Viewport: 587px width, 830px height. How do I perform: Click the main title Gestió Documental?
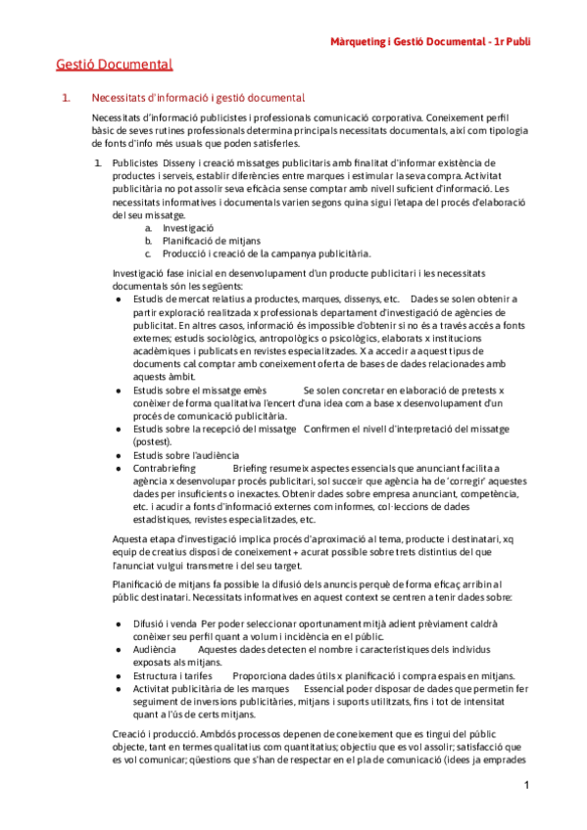point(115,66)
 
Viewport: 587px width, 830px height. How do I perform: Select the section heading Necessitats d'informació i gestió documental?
point(198,98)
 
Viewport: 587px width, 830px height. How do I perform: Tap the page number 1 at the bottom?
point(526,786)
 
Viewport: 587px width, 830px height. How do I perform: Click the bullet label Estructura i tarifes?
point(172,648)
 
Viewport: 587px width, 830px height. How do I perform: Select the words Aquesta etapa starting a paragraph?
point(139,540)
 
